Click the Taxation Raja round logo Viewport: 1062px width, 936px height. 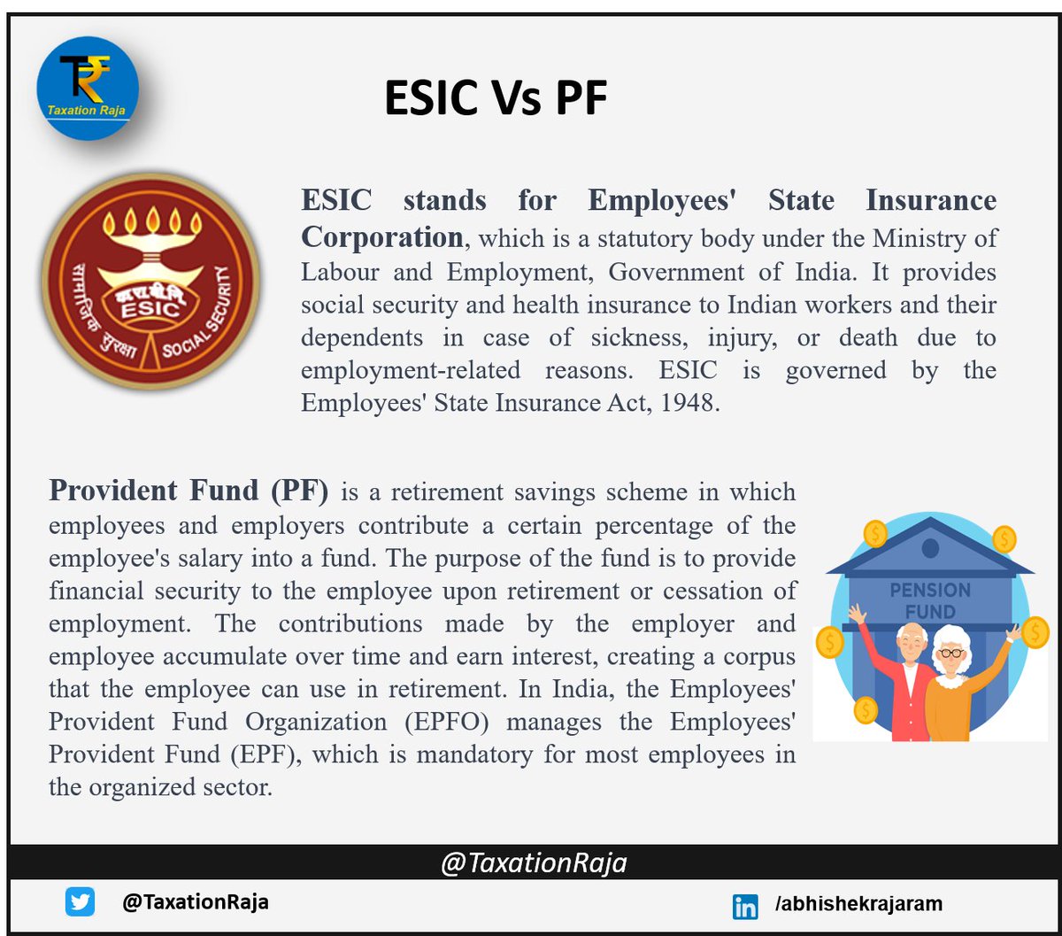88,88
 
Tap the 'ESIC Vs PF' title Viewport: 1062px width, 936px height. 495,97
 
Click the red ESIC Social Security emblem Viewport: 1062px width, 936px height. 150,281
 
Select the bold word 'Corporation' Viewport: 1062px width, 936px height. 381,237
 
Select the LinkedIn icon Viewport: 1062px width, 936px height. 745,906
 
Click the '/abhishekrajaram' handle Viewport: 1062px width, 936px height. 845,904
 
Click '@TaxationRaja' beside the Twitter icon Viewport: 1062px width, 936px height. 196,902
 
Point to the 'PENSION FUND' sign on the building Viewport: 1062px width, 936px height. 930,600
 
